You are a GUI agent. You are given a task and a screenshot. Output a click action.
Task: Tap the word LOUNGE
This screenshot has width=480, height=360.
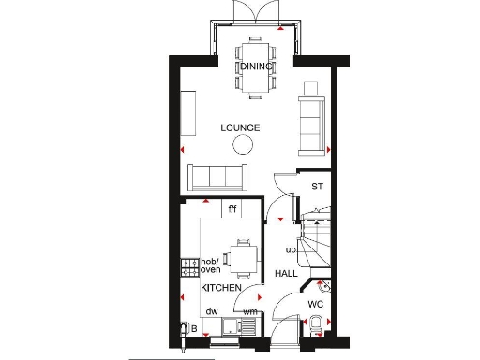coord(240,127)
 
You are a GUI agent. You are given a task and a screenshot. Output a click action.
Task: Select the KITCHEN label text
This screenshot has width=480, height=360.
coord(220,288)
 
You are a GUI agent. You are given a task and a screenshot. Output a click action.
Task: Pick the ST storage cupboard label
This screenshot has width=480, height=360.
coord(317,187)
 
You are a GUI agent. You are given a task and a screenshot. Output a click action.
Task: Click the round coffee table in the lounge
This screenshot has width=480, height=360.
coord(244,143)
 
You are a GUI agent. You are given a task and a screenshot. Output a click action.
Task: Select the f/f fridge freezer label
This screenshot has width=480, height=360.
coord(232,207)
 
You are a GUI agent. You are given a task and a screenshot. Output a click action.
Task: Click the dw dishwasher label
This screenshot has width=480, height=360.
coord(212,311)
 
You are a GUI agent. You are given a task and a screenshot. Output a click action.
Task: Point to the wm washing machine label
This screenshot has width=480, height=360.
coord(250,311)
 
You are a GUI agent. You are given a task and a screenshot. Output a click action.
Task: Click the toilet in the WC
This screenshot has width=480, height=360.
coord(319,324)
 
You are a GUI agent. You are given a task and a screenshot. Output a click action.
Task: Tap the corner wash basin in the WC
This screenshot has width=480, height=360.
coord(322,283)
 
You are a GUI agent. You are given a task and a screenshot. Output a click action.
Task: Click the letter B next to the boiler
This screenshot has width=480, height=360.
coord(194,329)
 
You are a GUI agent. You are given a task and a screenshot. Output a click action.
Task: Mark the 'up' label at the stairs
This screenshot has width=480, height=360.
coord(291,251)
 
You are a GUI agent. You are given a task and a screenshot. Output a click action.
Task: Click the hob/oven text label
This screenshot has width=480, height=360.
coord(211,264)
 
